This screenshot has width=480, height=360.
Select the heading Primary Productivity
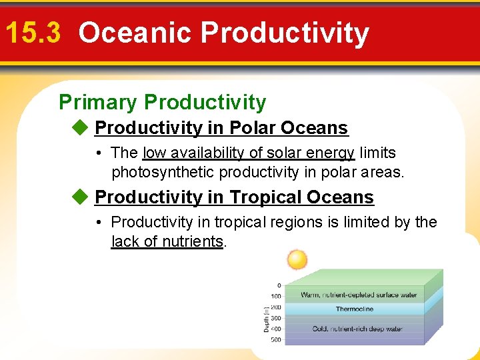tap(163, 102)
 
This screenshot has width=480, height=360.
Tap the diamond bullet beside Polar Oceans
tap(81, 127)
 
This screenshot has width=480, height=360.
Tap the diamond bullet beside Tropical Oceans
tap(81, 197)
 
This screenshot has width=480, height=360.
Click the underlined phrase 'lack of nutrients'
tap(167, 241)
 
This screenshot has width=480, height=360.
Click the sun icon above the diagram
tap(296, 259)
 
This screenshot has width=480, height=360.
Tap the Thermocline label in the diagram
tap(354, 309)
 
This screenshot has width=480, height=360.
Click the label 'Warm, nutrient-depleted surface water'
tap(359, 295)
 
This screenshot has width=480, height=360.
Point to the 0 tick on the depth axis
tap(279, 285)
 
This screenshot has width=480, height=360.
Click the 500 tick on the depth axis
tap(275, 340)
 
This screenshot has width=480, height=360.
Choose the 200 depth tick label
tap(275, 307)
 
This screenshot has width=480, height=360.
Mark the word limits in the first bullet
tap(377, 153)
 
